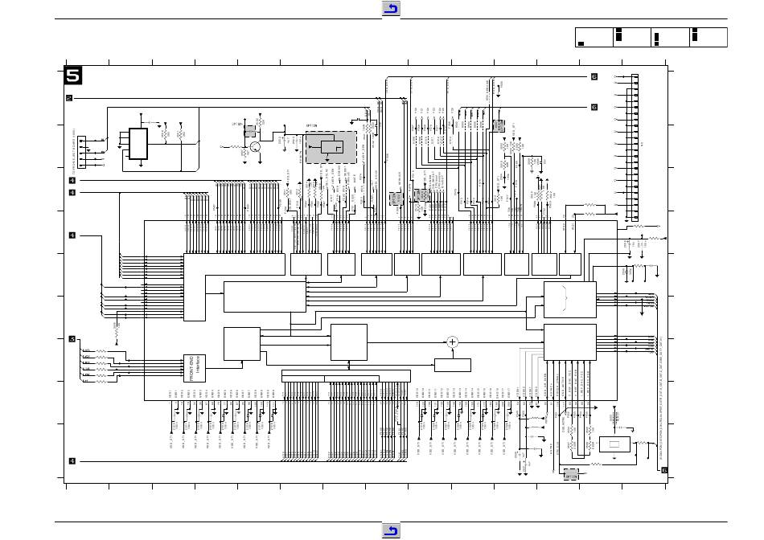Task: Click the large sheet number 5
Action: pyautogui.click(x=73, y=76)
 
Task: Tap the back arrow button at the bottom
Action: pyautogui.click(x=391, y=530)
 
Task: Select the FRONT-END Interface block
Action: pyautogui.click(x=196, y=367)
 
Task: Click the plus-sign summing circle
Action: pyautogui.click(x=452, y=342)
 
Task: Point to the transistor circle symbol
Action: pyautogui.click(x=256, y=146)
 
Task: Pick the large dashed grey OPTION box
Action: pyautogui.click(x=331, y=147)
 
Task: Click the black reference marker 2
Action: pyautogui.click(x=69, y=98)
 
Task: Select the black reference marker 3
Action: pyautogui.click(x=72, y=338)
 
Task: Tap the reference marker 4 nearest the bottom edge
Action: pyautogui.click(x=72, y=461)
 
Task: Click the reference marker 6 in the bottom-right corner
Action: pyautogui.click(x=664, y=470)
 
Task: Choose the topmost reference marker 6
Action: pyautogui.click(x=594, y=77)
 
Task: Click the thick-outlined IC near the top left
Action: pyautogui.click(x=138, y=144)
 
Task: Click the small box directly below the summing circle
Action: pyautogui.click(x=452, y=366)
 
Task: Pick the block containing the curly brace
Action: pyautogui.click(x=570, y=300)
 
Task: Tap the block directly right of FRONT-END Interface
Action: pyautogui.click(x=242, y=344)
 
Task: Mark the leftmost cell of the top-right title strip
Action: pyautogui.click(x=594, y=37)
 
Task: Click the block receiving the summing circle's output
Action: pyautogui.click(x=570, y=342)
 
